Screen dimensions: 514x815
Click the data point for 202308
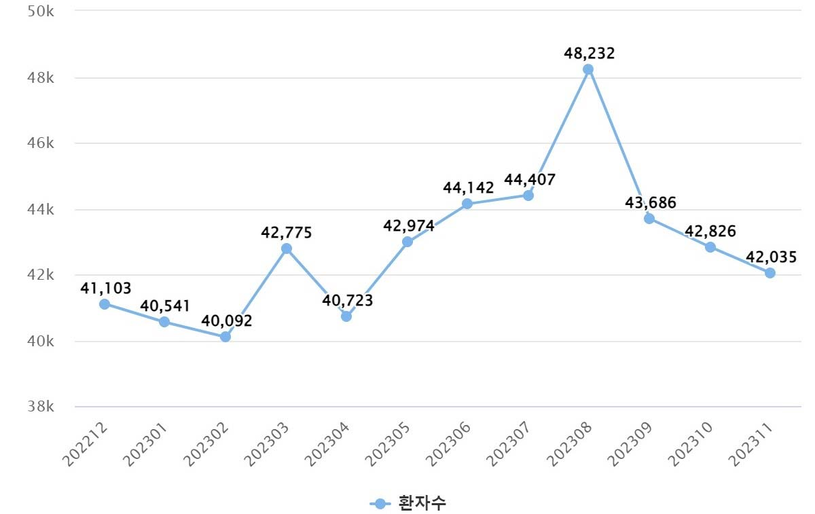click(588, 69)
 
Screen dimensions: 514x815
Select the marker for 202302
click(225, 337)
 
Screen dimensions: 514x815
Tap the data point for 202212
click(105, 304)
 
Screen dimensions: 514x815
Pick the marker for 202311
click(769, 273)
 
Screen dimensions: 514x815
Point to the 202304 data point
click(346, 316)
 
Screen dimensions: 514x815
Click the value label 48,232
click(589, 53)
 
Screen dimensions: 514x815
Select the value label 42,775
click(286, 232)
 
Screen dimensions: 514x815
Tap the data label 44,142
click(468, 187)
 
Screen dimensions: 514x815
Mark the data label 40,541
click(165, 306)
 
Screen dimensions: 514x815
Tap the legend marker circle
click(380, 504)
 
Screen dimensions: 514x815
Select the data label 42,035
click(771, 257)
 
